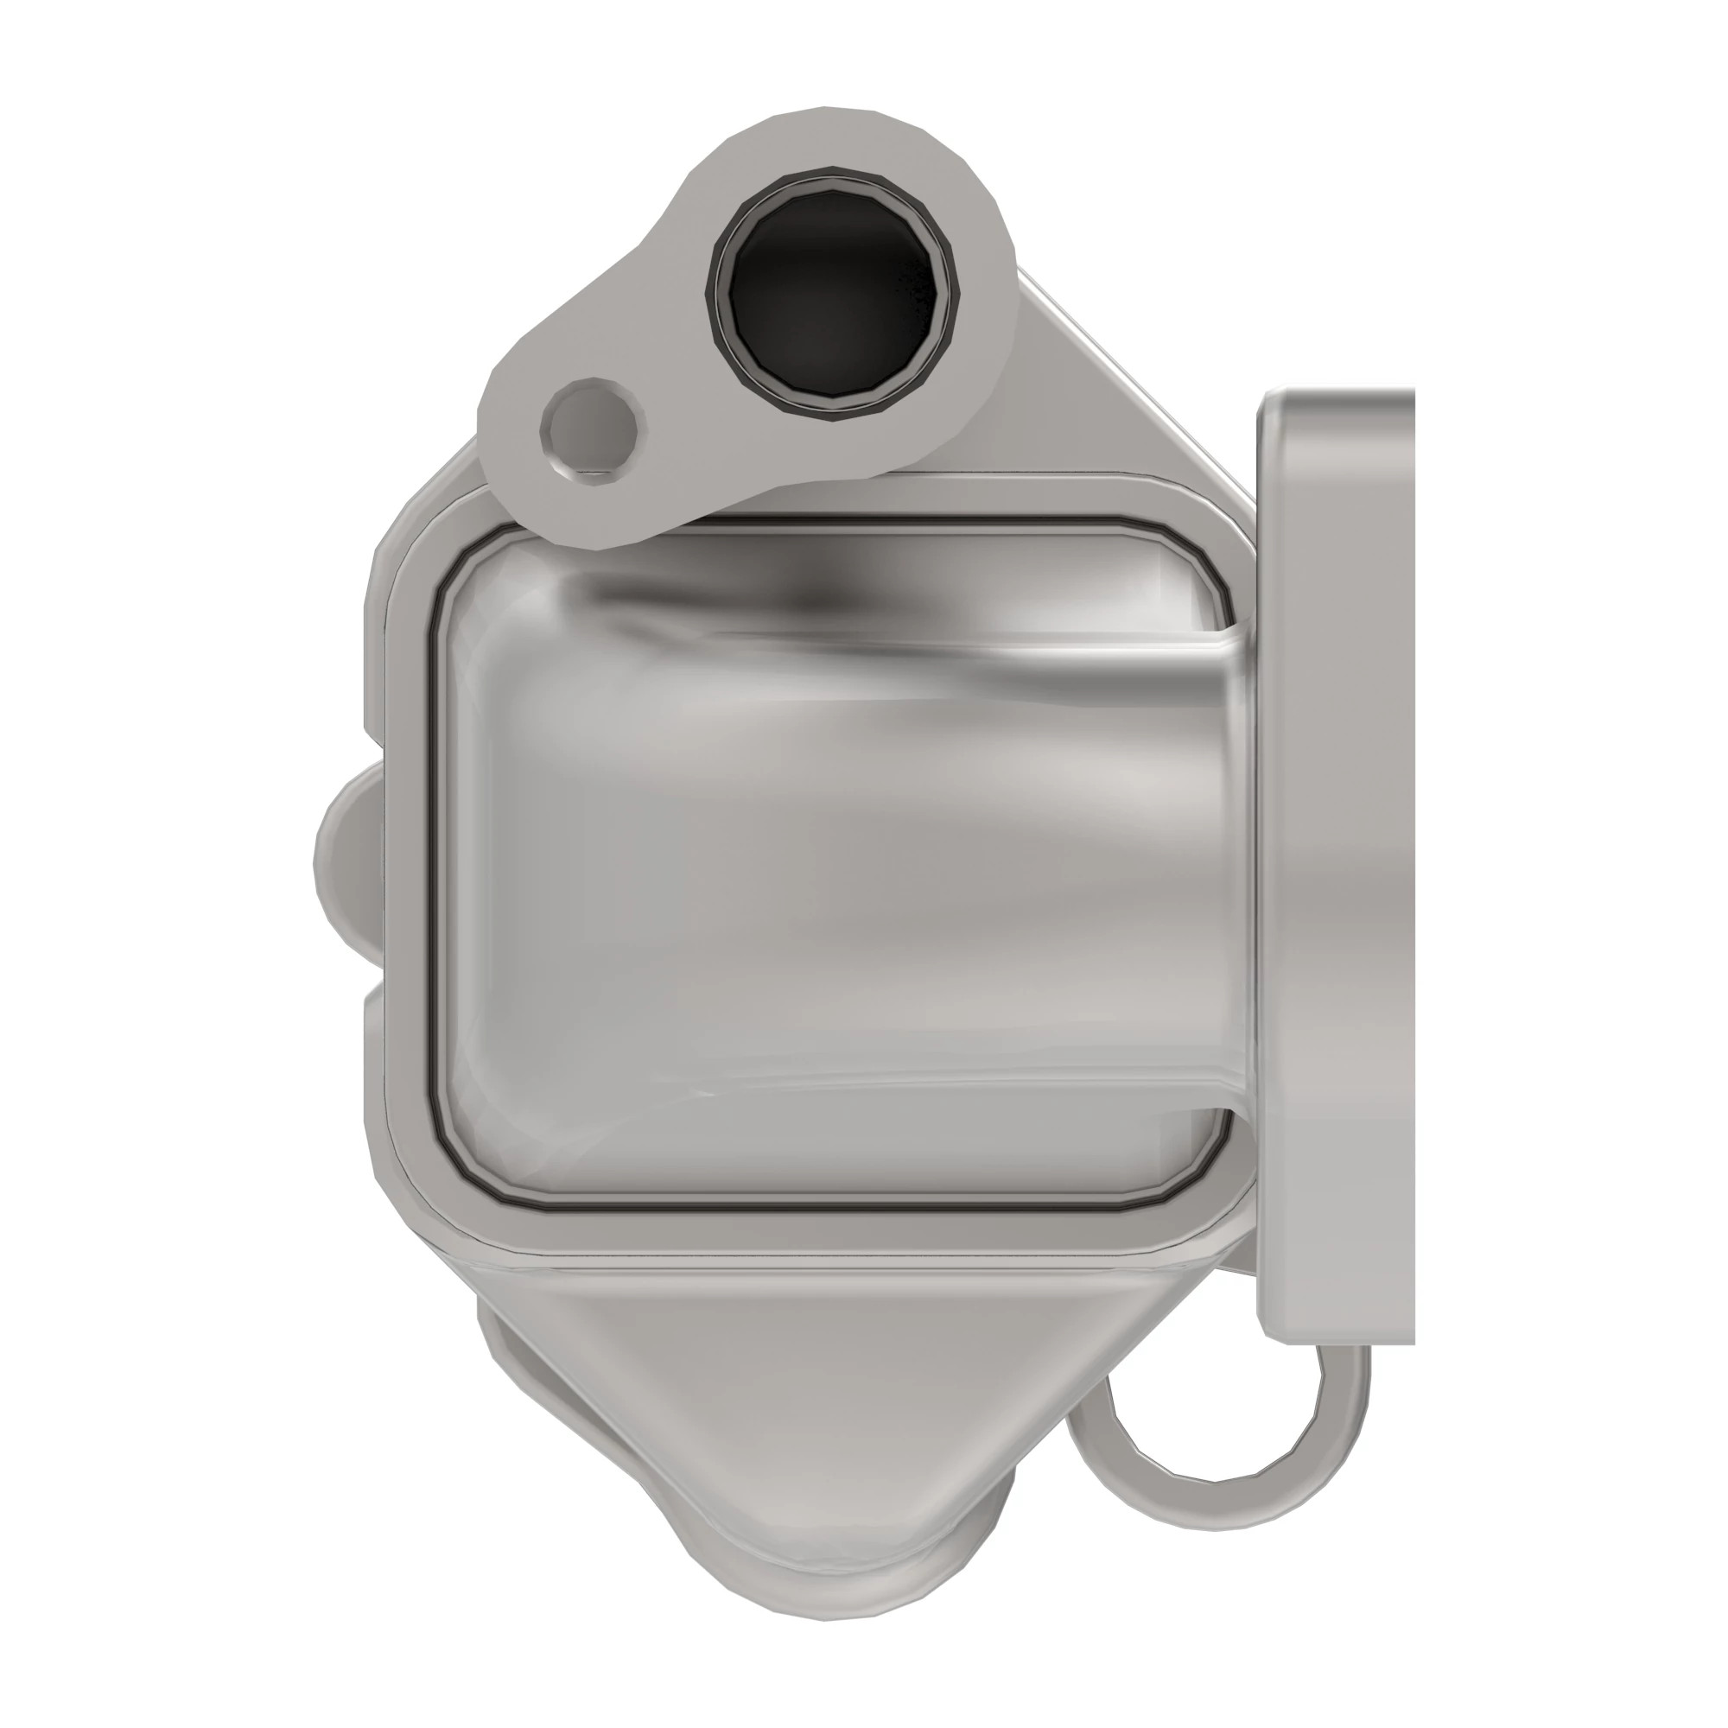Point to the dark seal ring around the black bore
[715, 295]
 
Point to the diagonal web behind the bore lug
[1073, 376]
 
